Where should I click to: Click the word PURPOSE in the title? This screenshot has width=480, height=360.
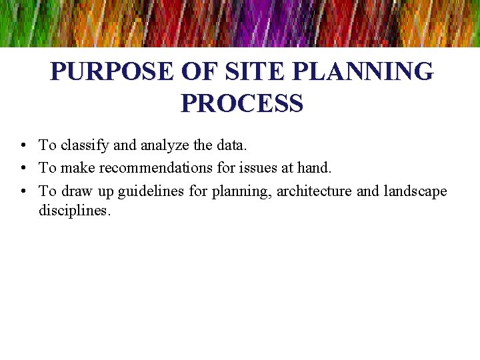coord(100,71)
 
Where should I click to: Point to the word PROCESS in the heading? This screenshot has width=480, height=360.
coord(241,103)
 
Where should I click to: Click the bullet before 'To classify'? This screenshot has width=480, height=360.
coord(23,145)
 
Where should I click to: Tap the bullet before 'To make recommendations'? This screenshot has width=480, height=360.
coord(23,168)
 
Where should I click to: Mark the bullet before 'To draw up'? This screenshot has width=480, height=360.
coord(23,191)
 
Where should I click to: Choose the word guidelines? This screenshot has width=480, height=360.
coord(151,191)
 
